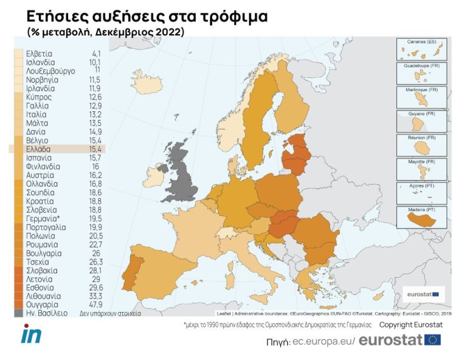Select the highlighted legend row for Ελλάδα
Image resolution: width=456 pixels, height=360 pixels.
click(x=57, y=148)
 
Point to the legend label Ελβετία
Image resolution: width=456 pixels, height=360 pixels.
click(x=39, y=54)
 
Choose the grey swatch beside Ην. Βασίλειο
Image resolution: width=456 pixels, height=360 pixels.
click(x=19, y=313)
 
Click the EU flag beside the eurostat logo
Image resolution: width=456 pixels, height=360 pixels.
click(x=433, y=340)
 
